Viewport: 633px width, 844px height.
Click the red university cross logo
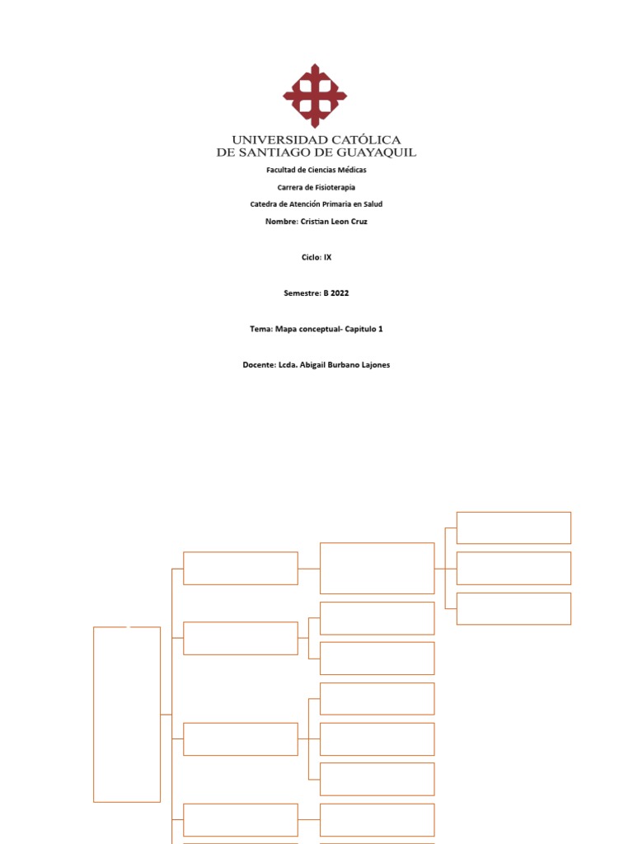click(315, 96)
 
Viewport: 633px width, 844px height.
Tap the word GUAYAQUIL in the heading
click(376, 152)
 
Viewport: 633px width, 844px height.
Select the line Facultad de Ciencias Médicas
click(316, 170)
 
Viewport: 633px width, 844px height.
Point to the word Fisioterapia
click(333, 187)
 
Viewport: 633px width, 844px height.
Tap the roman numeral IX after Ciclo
click(327, 257)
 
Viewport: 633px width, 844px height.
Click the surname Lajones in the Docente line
click(373, 364)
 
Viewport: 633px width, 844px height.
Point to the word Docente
click(259, 364)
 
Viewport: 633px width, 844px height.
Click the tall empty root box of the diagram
click(127, 714)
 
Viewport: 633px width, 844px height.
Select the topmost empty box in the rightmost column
click(513, 527)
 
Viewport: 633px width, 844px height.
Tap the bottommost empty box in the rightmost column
click(513, 608)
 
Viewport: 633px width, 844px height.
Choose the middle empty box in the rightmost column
click(513, 568)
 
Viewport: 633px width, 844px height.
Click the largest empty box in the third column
click(377, 568)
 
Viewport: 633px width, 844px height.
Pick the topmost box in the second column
click(241, 568)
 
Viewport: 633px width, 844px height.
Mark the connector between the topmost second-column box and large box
click(308, 568)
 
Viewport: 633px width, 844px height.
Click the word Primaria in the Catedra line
click(337, 204)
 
